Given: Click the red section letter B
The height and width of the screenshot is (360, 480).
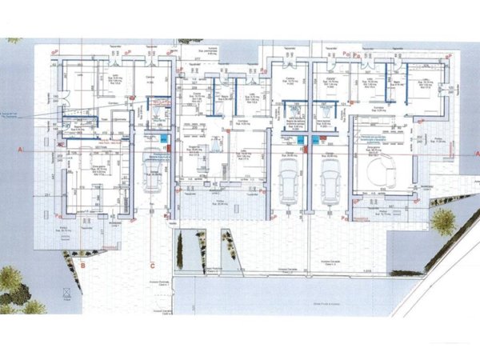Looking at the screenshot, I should point(82,262).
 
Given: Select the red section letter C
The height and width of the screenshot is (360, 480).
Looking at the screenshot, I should point(151,262).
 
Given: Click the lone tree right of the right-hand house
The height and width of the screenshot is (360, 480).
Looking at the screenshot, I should point(442,219).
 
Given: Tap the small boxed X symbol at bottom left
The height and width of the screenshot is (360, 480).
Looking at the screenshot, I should point(67,297).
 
